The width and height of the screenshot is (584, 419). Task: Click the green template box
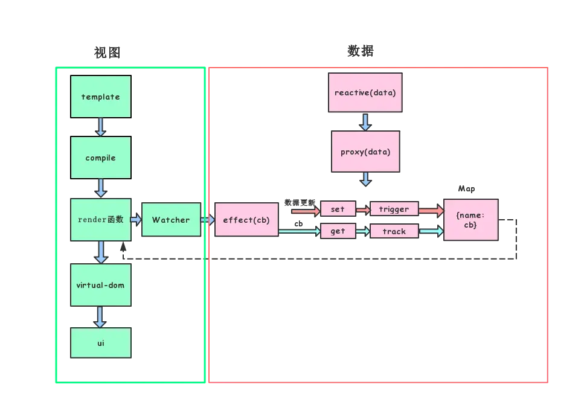point(100,97)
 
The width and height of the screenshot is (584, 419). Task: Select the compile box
point(100,158)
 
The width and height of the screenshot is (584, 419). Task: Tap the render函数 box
point(100,220)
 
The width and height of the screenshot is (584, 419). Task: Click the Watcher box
point(171,220)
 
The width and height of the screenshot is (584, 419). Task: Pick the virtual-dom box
point(100,284)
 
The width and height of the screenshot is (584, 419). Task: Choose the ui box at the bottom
point(100,343)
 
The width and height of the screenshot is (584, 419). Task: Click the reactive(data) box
point(365,93)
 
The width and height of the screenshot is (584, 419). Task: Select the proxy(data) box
point(365,152)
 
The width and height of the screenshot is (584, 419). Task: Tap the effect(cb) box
point(246,220)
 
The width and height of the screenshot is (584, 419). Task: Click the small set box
point(338,209)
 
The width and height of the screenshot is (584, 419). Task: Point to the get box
point(338,231)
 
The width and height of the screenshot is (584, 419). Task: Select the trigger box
point(394,209)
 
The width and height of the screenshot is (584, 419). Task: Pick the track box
point(394,231)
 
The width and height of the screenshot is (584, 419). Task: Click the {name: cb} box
point(470,220)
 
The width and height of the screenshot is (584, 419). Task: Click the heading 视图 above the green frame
point(107,53)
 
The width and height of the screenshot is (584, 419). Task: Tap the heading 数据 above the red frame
point(361,51)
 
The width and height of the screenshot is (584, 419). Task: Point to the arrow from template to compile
point(100,127)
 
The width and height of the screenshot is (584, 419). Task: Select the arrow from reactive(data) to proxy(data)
point(365,122)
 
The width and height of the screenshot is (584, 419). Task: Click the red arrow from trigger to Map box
point(431,211)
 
